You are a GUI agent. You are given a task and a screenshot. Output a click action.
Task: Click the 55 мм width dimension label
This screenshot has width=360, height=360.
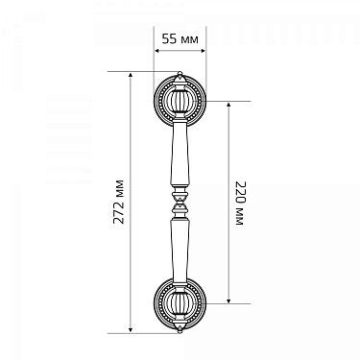coord(180,39)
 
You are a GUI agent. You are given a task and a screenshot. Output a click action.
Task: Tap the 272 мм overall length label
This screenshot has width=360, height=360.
coord(119,202)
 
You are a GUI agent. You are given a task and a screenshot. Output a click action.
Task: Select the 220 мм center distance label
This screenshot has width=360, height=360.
coord(240,204)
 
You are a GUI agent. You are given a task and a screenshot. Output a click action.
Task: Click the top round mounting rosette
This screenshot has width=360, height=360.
coord(180,102)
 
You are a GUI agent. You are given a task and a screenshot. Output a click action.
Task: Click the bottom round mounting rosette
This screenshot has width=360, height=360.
coord(180,303)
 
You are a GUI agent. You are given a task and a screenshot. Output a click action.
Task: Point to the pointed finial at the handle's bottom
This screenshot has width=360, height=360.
coord(180,328)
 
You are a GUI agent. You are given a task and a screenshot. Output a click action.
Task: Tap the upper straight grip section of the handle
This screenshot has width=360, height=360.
coord(180,155)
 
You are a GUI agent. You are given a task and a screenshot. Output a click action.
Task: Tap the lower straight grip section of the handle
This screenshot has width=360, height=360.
coord(180,251)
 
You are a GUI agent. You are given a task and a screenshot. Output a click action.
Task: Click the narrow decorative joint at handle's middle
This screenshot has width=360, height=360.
coord(180,203)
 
